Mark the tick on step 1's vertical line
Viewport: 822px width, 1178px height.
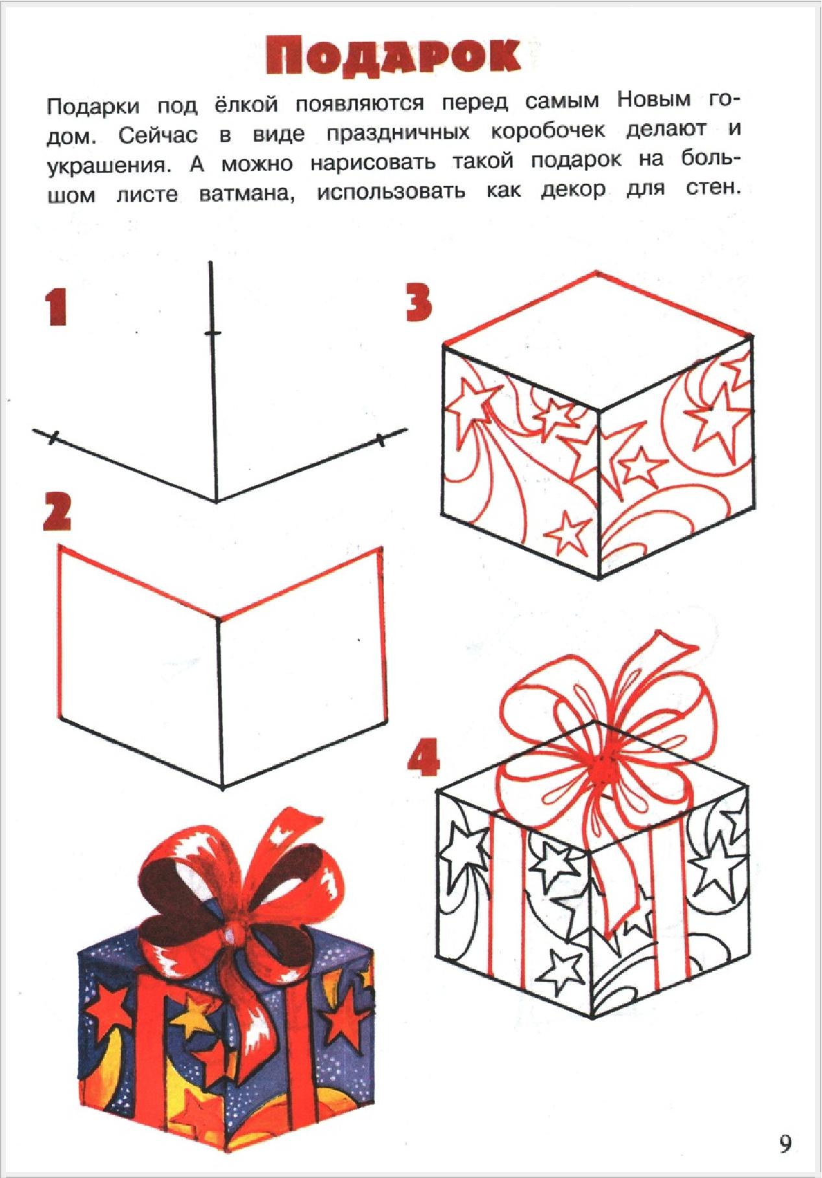click(212, 334)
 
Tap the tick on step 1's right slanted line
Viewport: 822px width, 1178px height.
click(381, 441)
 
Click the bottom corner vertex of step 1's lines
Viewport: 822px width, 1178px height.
click(216, 501)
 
